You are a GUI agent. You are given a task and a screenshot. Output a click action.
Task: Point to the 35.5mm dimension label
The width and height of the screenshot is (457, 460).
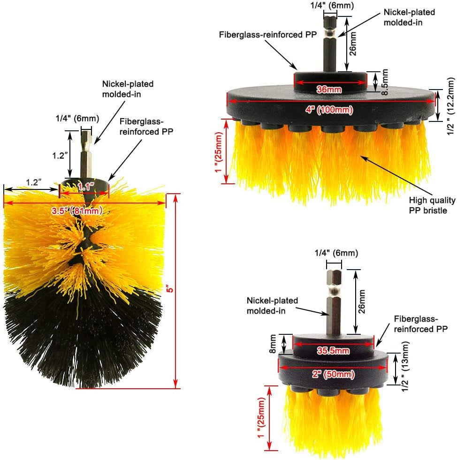(333, 351)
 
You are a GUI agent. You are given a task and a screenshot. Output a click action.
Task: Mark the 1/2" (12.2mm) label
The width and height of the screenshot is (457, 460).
(451, 106)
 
